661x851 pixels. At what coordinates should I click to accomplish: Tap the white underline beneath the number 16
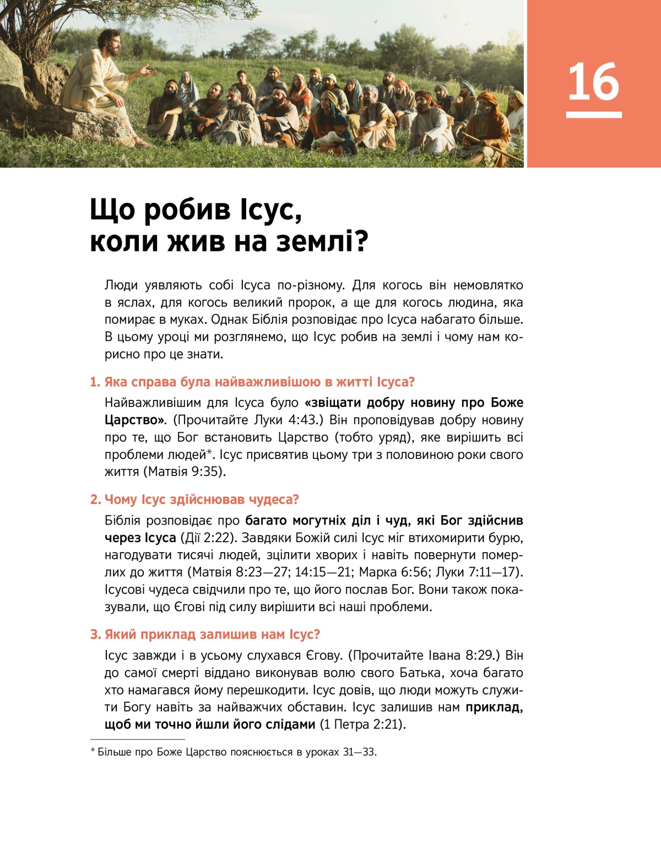pyautogui.click(x=594, y=115)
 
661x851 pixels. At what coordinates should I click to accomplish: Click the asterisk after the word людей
pyautogui.click(x=210, y=453)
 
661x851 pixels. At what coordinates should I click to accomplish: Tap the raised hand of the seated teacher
pyautogui.click(x=147, y=69)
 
